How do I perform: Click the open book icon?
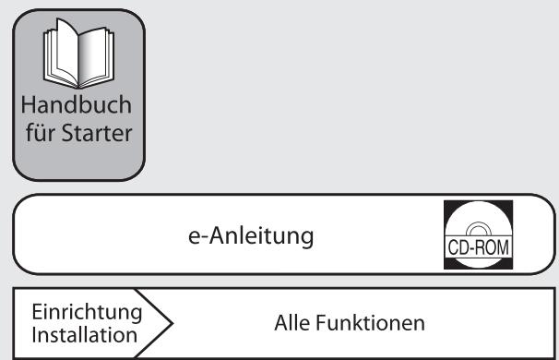(x=78, y=57)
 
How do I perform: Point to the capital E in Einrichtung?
(x=36, y=311)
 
